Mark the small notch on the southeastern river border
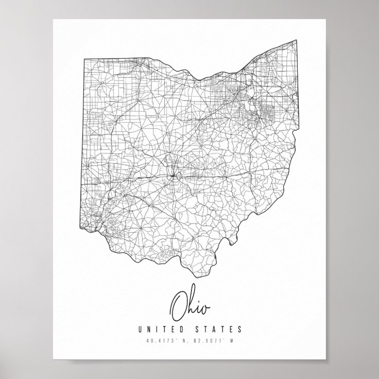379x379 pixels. click(x=238, y=238)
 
